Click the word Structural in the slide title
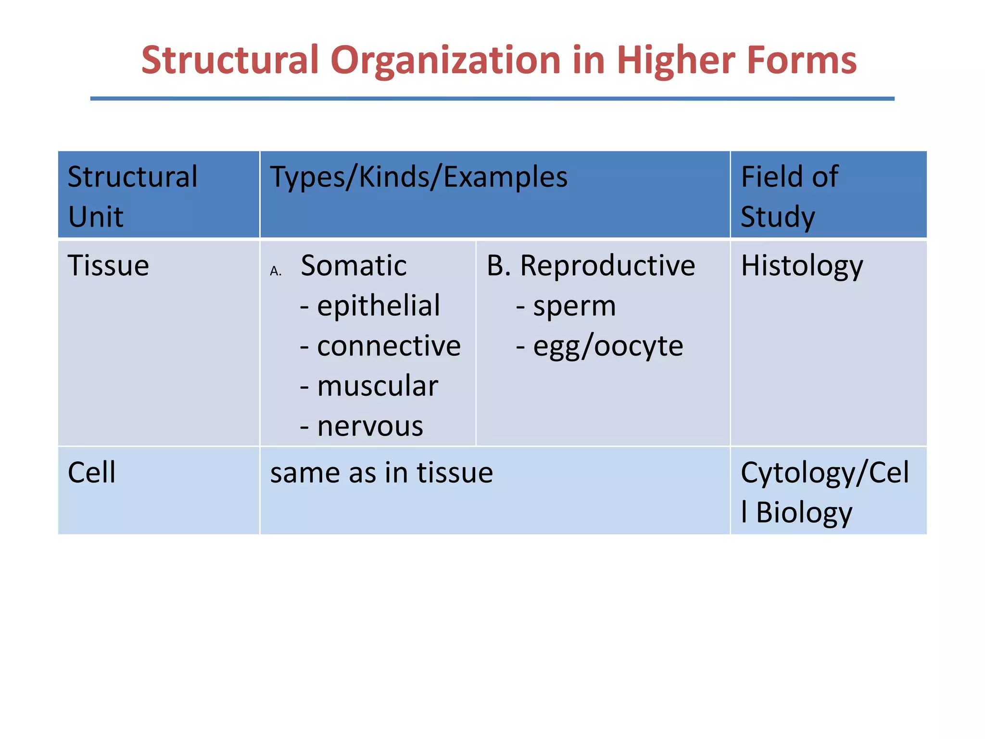[230, 60]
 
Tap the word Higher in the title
[676, 61]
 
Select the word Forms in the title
[801, 60]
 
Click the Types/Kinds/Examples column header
[418, 177]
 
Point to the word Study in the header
[778, 217]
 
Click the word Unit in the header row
[95, 217]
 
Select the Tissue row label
[108, 266]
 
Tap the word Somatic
[354, 266]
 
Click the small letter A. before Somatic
[276, 272]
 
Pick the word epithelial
[378, 306]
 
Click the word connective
[389, 346]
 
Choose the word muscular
[378, 386]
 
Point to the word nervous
[370, 426]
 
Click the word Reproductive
[607, 266]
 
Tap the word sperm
[574, 306]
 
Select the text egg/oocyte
[608, 346]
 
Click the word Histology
[802, 266]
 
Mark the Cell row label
[91, 472]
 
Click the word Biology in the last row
[804, 513]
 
